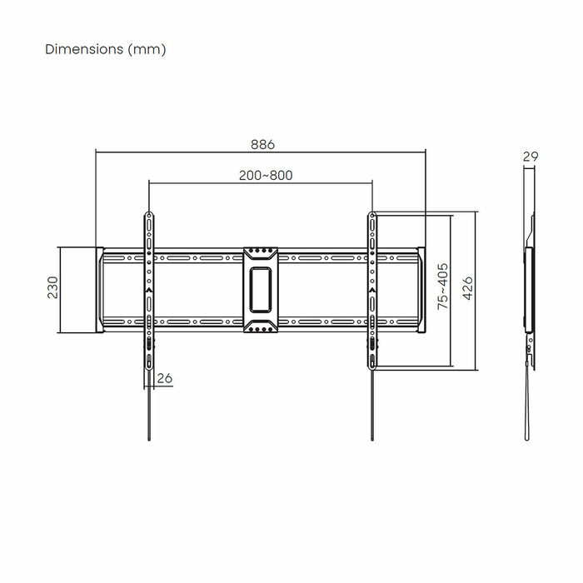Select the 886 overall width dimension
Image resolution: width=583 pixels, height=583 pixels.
262,143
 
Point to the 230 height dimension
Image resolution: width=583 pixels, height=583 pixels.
52,288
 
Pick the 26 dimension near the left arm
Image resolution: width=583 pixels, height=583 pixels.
164,379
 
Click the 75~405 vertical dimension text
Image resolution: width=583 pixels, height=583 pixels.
443,287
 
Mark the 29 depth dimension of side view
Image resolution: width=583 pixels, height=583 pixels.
529,156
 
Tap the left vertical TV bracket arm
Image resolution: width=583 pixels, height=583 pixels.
148,288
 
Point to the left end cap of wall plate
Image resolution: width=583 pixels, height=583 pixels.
99,288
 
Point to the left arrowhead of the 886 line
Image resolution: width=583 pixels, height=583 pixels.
98,152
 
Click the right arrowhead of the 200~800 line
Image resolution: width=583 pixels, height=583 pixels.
370,182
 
